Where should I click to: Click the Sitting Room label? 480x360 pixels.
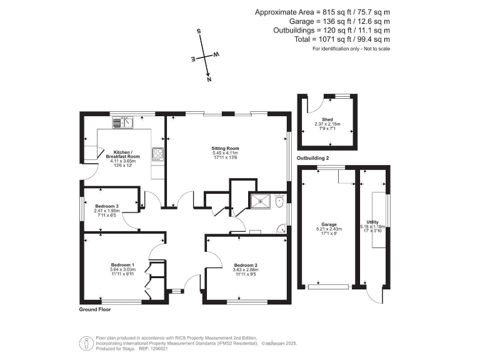226,148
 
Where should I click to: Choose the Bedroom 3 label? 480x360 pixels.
107,206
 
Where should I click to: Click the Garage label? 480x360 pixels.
329,224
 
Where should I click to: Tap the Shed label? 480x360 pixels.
327,119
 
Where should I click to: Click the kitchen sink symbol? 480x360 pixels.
123,122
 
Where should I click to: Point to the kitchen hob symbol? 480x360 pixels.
157,154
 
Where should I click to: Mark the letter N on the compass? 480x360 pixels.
209,79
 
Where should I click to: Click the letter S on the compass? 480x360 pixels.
199,31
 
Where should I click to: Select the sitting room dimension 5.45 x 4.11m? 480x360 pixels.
226,153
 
